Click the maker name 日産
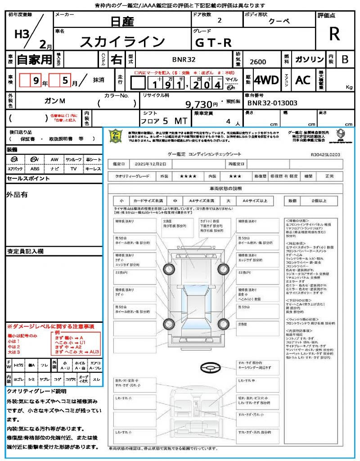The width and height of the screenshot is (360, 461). click(122, 21)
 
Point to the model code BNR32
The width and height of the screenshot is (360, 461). click(184, 59)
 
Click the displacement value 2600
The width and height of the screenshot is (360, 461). click(258, 62)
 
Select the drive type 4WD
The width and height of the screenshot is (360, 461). click(266, 81)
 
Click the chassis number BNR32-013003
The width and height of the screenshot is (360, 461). click(272, 103)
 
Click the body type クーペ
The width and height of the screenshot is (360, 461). click(279, 21)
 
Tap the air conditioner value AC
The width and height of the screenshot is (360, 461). click(303, 81)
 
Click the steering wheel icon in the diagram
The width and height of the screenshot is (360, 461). click(210, 368)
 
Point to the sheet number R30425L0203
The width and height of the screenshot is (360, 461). click(325, 154)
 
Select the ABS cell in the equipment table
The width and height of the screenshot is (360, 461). click(35, 169)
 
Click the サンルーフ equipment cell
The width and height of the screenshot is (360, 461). click(73, 159)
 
